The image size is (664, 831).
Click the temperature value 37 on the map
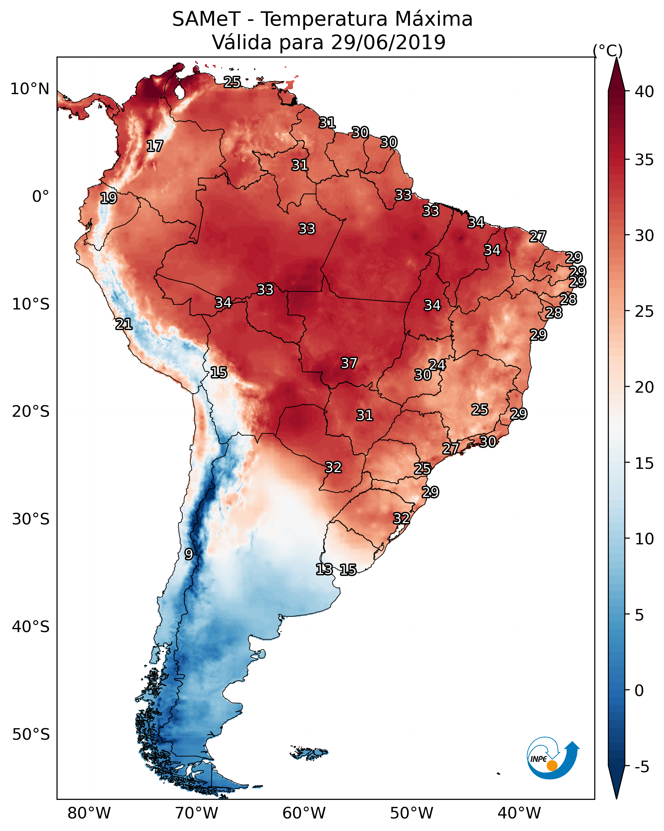pyautogui.click(x=349, y=363)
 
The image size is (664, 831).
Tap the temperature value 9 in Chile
pyautogui.click(x=189, y=554)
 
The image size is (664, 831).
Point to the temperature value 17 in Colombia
pyautogui.click(x=155, y=146)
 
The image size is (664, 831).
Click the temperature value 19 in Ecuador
pyautogui.click(x=108, y=198)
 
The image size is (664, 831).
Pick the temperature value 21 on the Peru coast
pyautogui.click(x=124, y=324)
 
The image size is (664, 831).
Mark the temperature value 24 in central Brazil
pyautogui.click(x=438, y=365)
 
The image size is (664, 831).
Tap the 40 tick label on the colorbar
pyautogui.click(x=644, y=92)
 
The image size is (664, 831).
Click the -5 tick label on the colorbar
pyautogui.click(x=642, y=767)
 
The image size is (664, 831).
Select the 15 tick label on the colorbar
pyautogui.click(x=644, y=463)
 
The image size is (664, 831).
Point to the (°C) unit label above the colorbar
pyautogui.click(x=608, y=50)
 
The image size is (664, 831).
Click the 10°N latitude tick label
pyautogui.click(x=30, y=89)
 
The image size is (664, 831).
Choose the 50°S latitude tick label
pyautogui.click(x=31, y=735)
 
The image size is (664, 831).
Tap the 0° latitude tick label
pyautogui.click(x=40, y=197)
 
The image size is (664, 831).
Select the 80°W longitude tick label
pyautogui.click(x=89, y=813)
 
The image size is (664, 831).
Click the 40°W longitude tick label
pyautogui.click(x=519, y=813)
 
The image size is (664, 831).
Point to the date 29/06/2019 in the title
pyautogui.click(x=388, y=42)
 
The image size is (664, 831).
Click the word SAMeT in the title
pyautogui.click(x=206, y=19)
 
